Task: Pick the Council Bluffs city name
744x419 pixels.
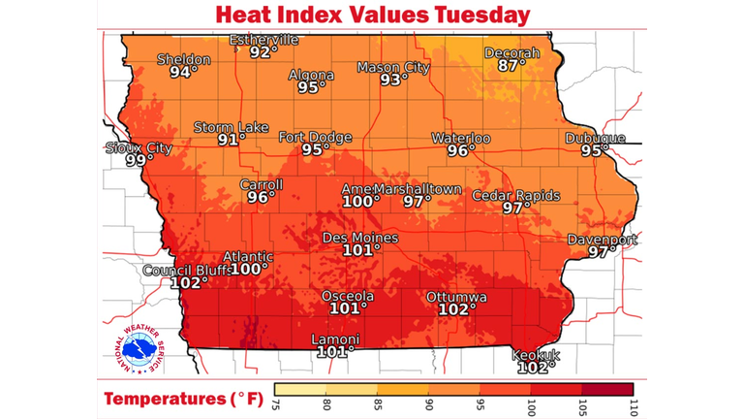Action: pyautogui.click(x=184, y=271)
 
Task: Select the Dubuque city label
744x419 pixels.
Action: pyautogui.click(x=595, y=138)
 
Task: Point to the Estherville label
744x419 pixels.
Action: pyautogui.click(x=263, y=40)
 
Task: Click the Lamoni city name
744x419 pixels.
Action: pyautogui.click(x=334, y=339)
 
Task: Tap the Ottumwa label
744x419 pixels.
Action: pyautogui.click(x=456, y=296)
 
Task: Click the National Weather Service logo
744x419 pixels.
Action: pyautogui.click(x=135, y=345)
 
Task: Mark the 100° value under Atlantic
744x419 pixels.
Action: pyautogui.click(x=249, y=270)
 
